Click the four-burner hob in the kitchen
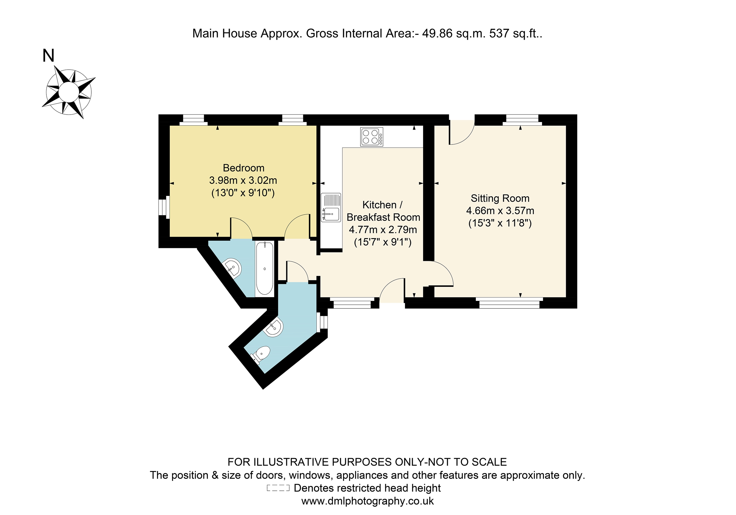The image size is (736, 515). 371,137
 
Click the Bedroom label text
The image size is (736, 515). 244,168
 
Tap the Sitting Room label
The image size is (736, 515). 500,198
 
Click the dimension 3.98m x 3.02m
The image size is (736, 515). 243,180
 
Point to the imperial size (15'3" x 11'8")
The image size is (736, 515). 500,223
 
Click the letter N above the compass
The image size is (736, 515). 48,56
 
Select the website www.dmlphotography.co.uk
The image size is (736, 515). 367,501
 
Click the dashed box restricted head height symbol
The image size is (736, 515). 278,488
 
